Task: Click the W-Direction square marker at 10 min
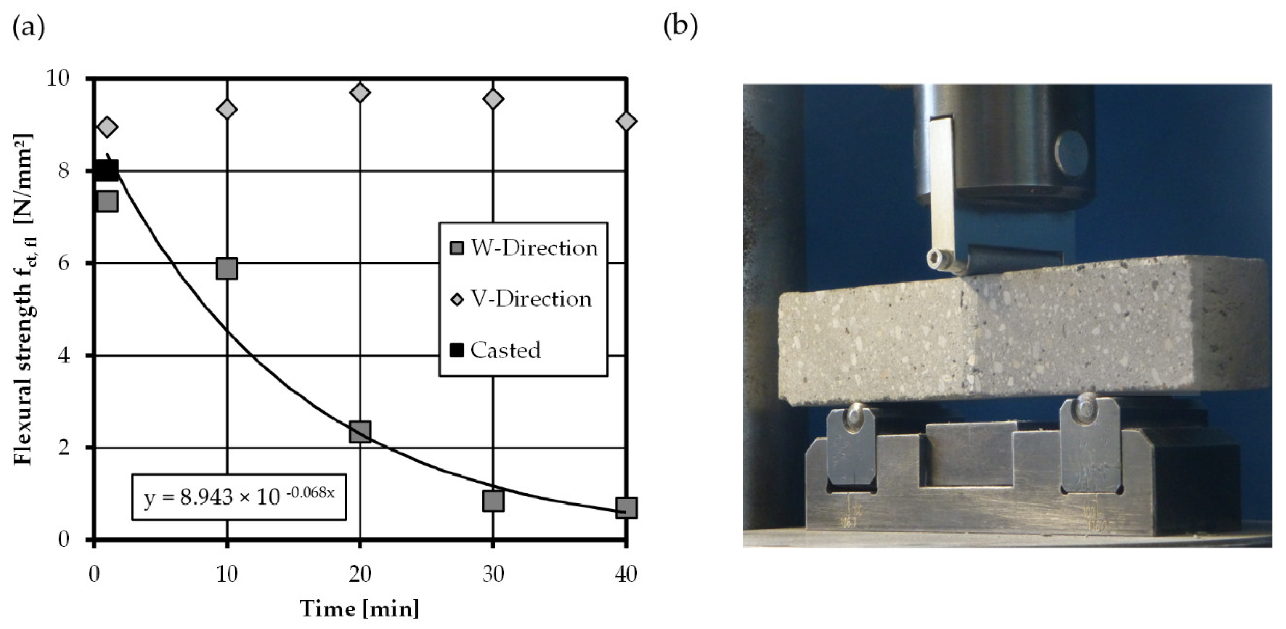227,269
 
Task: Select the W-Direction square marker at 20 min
360,431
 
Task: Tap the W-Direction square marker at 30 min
493,501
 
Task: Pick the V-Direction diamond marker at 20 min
360,92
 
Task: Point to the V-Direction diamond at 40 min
626,121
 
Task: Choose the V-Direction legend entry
522,299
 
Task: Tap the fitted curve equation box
238,497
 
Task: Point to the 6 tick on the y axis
64,263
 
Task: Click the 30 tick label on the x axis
493,575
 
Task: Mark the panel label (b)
680,26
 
